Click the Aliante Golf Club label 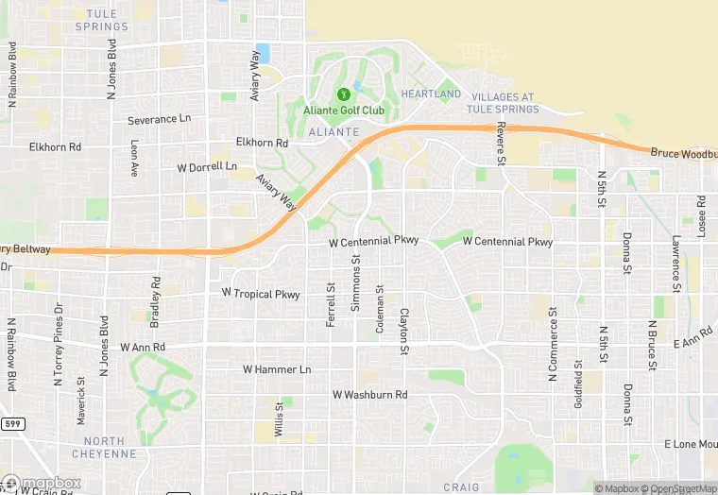coord(344,111)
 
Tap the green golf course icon coord(343,94)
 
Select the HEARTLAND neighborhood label coord(431,94)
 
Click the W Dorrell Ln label coord(207,167)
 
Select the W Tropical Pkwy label coord(260,295)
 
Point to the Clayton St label coord(403,332)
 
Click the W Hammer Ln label coord(276,369)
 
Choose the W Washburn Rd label coord(369,394)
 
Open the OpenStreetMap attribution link coord(679,488)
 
